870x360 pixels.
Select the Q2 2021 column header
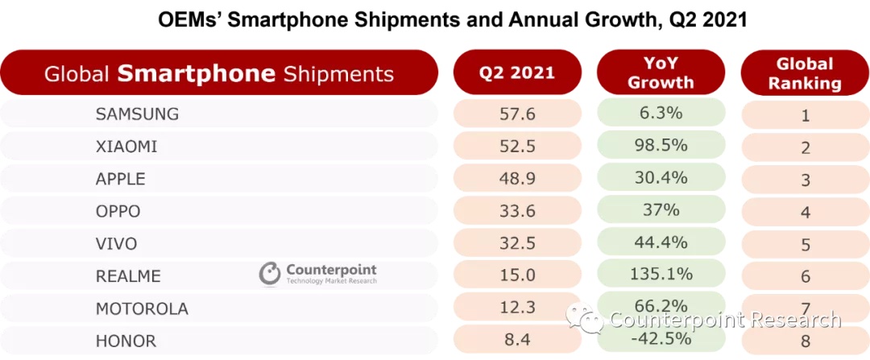point(517,72)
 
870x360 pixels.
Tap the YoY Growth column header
point(661,72)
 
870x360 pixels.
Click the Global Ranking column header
point(804,72)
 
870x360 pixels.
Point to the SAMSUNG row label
point(137,114)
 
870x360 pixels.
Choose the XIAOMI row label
point(126,147)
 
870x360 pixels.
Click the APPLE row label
point(120,179)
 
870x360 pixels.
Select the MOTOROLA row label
point(142,308)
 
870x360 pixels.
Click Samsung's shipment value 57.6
point(517,114)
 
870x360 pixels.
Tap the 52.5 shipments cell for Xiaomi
point(517,146)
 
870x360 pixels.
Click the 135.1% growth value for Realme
point(661,274)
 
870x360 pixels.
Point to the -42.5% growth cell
point(661,338)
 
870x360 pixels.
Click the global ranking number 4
point(804,213)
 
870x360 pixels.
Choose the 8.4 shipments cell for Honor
point(517,340)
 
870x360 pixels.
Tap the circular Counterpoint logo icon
point(270,275)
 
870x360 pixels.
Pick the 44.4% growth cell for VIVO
point(661,242)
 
